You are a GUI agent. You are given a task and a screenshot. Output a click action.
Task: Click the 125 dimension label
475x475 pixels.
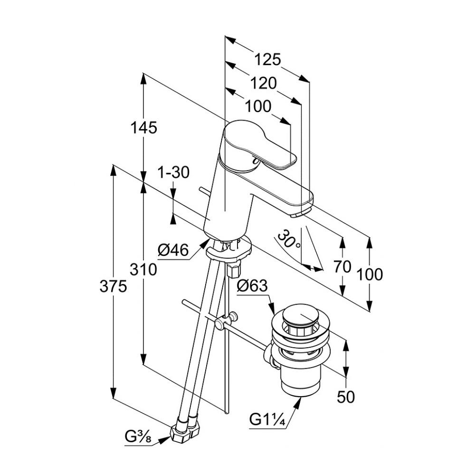click(x=268, y=59)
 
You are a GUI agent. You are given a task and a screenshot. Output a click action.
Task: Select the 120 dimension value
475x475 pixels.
click(x=264, y=83)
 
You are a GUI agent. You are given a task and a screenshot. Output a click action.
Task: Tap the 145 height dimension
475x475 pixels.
click(x=143, y=127)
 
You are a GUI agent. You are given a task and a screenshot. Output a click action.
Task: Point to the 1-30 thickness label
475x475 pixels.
click(x=174, y=172)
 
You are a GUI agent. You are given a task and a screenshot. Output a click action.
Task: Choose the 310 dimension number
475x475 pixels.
click(x=143, y=270)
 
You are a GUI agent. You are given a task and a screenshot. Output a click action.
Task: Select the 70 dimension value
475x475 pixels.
click(x=342, y=267)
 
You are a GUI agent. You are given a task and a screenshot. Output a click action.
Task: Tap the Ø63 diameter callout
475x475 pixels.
click(x=252, y=286)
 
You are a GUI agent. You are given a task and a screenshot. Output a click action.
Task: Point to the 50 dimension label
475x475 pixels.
click(x=346, y=397)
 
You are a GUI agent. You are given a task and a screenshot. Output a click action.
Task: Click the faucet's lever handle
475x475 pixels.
click(x=259, y=145)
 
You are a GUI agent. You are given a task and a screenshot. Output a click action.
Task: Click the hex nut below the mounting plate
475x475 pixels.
click(x=233, y=269)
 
